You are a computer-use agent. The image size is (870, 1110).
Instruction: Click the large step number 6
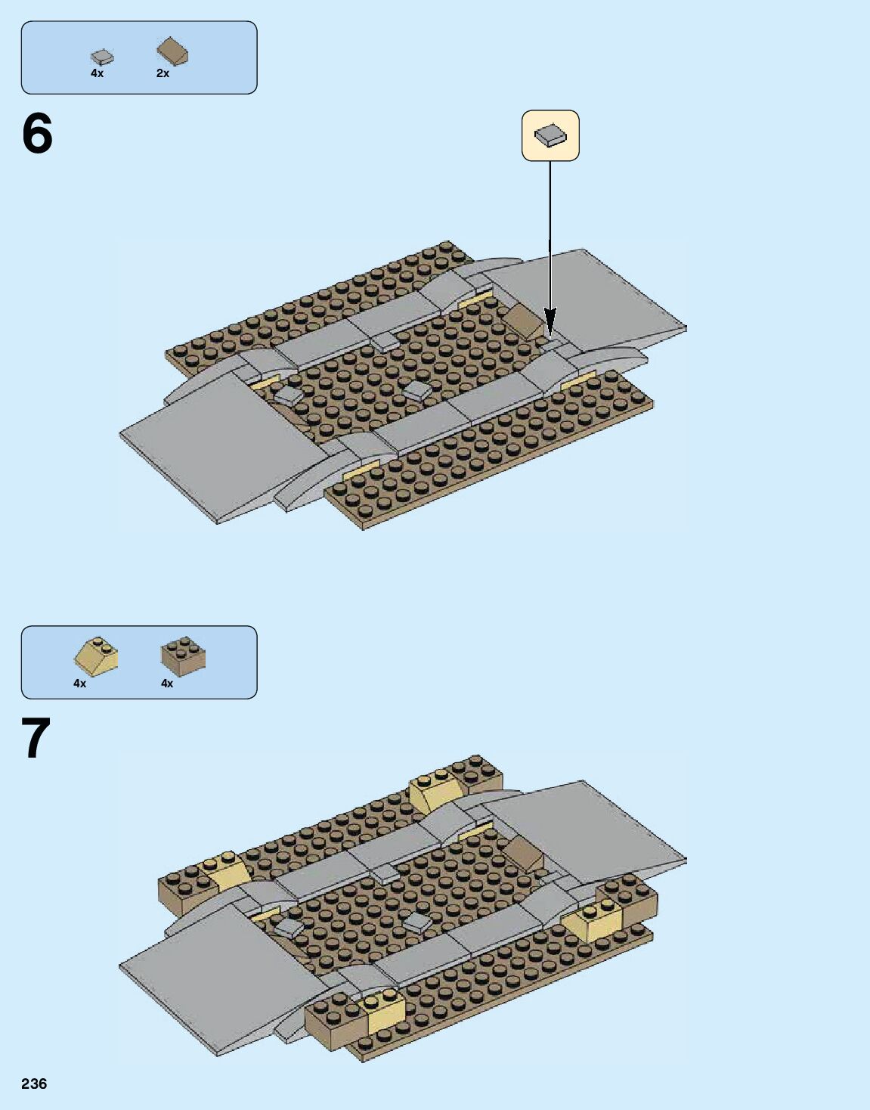tap(37, 134)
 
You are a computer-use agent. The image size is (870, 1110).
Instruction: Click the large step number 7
tap(36, 739)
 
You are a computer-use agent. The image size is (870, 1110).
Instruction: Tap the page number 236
tap(34, 1084)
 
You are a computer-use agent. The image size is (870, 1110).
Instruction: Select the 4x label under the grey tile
tap(97, 73)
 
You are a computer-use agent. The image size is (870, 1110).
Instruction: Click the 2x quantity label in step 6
tap(163, 73)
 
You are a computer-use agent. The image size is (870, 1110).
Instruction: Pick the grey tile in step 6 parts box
tap(102, 57)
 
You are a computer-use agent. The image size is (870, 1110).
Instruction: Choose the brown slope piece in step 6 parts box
tap(172, 51)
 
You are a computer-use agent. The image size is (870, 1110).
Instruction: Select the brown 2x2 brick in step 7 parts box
tap(183, 656)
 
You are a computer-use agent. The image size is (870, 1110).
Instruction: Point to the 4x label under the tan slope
tap(79, 684)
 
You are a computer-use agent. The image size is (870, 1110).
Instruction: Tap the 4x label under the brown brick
tap(167, 684)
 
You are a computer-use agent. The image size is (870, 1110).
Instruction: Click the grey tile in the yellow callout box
tap(550, 135)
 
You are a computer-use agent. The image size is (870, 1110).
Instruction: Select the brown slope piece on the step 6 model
tap(522, 321)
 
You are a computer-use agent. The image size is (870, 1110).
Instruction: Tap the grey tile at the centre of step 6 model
tap(417, 390)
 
